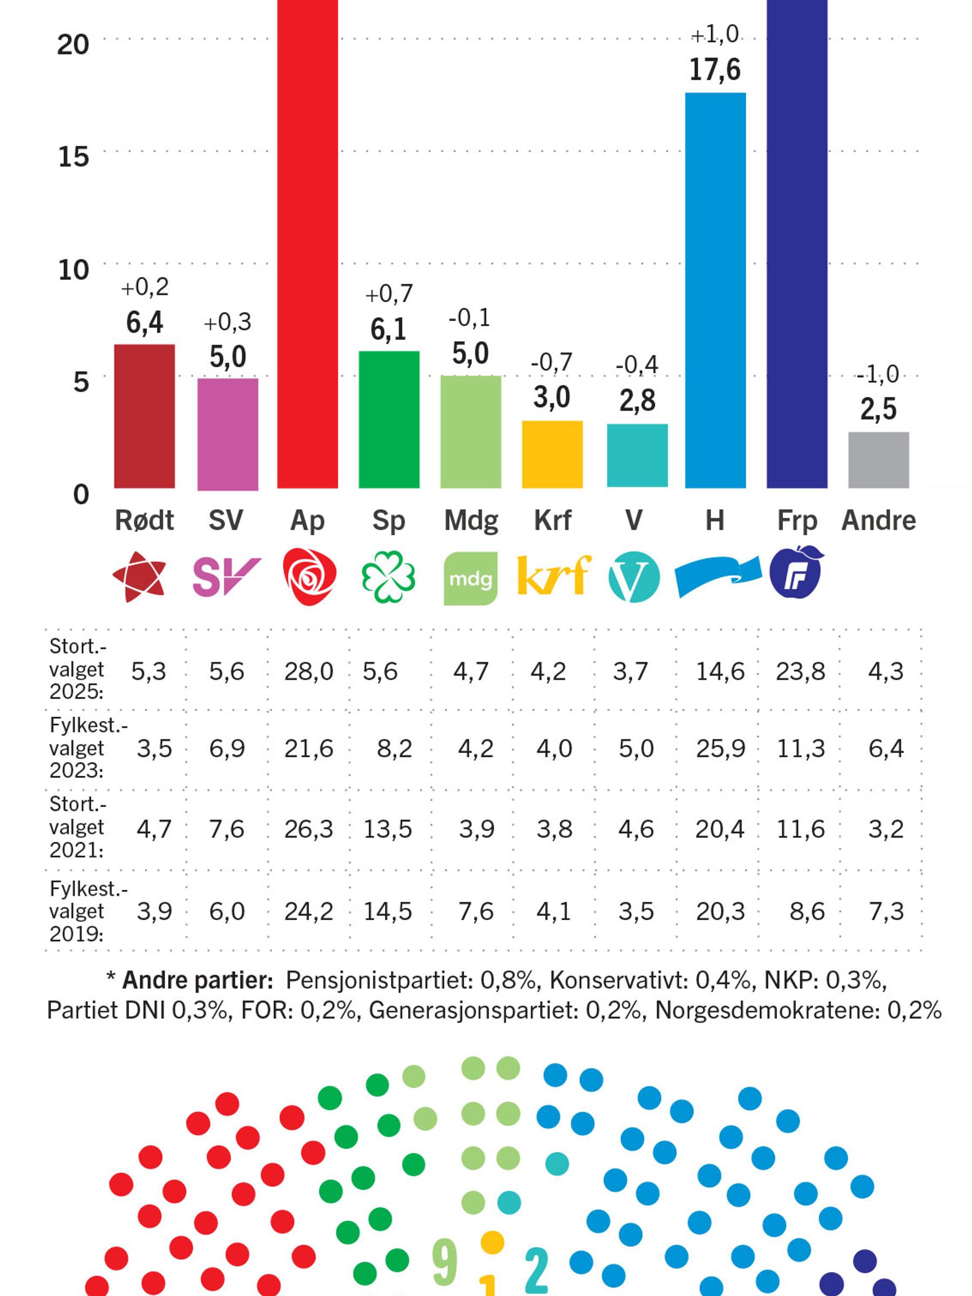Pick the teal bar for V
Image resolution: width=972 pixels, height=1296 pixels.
click(637, 455)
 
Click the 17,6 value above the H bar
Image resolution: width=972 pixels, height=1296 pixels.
click(715, 70)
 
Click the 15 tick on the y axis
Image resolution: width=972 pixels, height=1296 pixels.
click(73, 157)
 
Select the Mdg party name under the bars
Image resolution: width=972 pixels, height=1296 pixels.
click(471, 520)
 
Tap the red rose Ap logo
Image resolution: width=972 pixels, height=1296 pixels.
click(309, 577)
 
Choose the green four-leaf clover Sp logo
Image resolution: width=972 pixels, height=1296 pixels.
click(388, 577)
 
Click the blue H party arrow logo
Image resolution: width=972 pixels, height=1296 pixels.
click(718, 577)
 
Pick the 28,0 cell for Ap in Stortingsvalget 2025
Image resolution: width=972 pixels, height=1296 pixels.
click(309, 671)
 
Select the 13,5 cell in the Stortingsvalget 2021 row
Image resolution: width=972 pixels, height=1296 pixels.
click(388, 829)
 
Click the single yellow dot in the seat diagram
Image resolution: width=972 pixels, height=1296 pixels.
click(492, 1241)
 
